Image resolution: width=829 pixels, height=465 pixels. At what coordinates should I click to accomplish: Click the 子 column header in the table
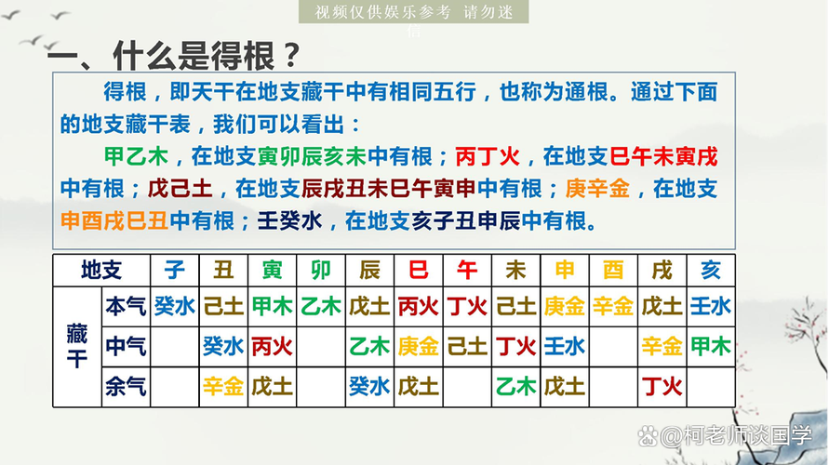tap(175, 271)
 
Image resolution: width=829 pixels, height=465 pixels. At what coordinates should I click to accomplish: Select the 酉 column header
tap(613, 271)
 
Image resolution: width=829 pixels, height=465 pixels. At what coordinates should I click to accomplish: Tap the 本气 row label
tap(126, 307)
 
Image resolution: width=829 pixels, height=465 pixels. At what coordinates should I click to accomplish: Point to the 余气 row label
tap(126, 387)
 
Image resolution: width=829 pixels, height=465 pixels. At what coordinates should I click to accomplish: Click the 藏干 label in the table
tap(77, 347)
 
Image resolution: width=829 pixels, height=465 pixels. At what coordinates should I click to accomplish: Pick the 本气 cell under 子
tap(175, 307)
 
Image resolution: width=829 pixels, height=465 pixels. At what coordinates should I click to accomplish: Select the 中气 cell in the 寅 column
tap(273, 347)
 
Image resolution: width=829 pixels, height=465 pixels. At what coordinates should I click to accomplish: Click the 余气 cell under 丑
tap(223, 387)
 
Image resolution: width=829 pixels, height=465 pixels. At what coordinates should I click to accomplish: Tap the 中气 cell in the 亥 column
tap(711, 347)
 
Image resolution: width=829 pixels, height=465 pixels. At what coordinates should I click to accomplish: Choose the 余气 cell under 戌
tap(662, 387)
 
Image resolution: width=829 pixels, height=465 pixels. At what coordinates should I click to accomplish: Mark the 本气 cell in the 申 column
tap(565, 307)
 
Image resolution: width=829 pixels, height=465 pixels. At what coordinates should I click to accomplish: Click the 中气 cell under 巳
tap(418, 347)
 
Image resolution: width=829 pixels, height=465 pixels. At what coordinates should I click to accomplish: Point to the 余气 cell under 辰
tap(369, 387)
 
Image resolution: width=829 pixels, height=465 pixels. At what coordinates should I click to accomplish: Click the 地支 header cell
tap(101, 271)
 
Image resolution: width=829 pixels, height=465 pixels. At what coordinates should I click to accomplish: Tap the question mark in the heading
tap(291, 55)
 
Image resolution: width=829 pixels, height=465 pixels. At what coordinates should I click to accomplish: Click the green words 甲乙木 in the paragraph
tap(137, 156)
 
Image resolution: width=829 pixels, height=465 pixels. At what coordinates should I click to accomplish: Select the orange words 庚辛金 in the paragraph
tap(597, 189)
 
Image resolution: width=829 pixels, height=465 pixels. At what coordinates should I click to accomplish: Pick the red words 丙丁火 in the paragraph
tap(488, 156)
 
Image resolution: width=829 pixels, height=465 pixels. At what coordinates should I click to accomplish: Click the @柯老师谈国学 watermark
tap(725, 436)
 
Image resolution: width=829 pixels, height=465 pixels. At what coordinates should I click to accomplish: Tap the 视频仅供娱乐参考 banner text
tap(382, 11)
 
